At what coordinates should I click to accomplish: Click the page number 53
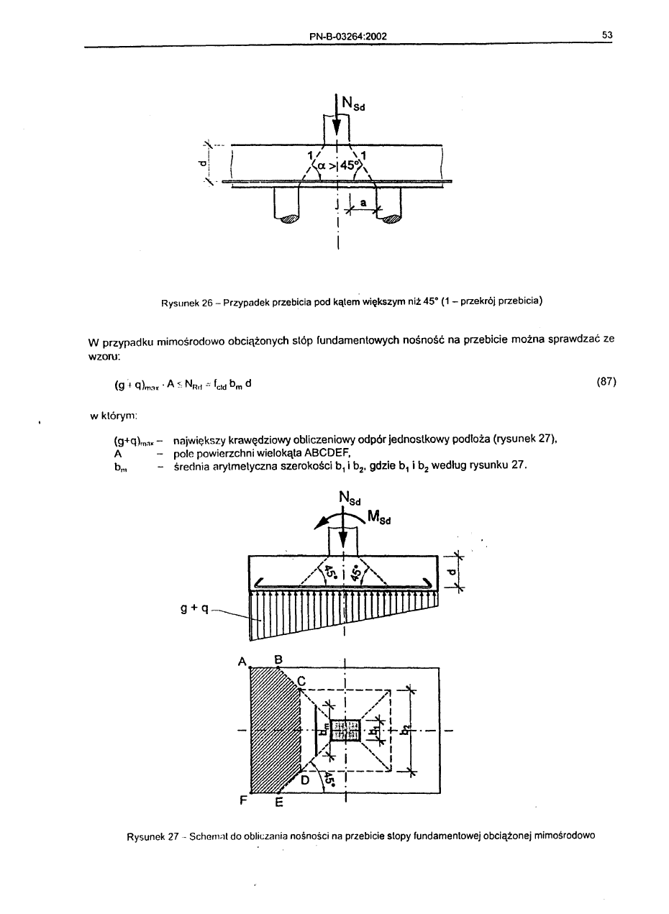(x=606, y=36)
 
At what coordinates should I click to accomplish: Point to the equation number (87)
(x=607, y=382)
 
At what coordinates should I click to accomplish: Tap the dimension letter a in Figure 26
(x=363, y=204)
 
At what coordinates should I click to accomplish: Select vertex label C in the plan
(x=301, y=680)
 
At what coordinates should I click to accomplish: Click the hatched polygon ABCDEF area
(x=270, y=730)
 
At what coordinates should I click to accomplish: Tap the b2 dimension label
(x=406, y=731)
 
